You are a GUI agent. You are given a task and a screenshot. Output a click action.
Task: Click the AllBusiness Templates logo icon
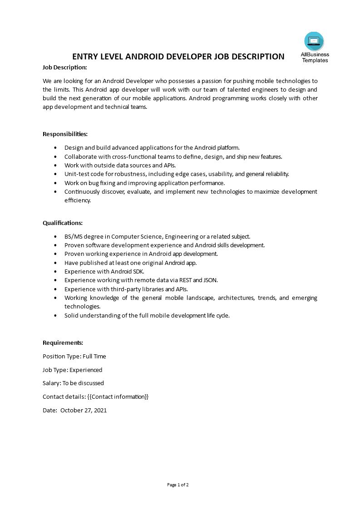coord(314,41)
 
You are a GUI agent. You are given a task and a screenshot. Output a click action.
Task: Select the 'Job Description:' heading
coord(64,68)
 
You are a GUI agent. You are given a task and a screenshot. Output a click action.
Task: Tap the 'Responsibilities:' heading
coord(65,134)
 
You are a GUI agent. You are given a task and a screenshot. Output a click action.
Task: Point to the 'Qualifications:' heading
coord(63,223)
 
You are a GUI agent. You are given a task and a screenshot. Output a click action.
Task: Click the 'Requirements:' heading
coord(63,343)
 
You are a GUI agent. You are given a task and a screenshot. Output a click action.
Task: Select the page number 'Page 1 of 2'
coord(178,485)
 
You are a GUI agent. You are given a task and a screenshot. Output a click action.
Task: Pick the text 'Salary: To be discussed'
coord(73,383)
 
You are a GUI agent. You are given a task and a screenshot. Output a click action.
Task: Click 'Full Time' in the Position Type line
coord(94,357)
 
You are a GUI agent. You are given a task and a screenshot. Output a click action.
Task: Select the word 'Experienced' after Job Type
coord(86,370)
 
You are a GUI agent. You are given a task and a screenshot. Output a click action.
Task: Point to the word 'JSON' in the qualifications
coord(210,280)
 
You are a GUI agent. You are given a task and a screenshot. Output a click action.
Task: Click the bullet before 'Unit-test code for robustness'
coord(55,174)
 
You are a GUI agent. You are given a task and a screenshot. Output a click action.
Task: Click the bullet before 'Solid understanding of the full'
coord(55,316)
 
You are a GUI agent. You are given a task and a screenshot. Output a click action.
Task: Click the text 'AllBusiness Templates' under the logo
coord(315,58)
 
